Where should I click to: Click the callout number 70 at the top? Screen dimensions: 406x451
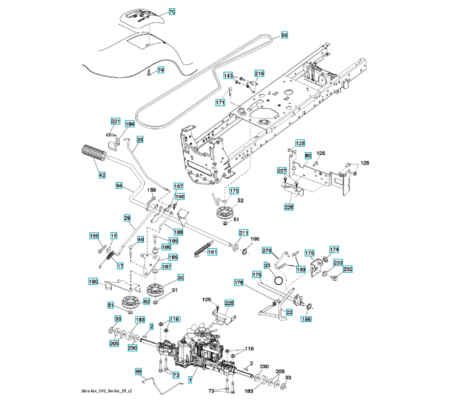click(x=171, y=12)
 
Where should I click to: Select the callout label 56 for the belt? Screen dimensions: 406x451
click(x=284, y=35)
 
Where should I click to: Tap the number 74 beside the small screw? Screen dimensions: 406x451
click(x=160, y=70)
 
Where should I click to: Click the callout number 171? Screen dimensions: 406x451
click(x=220, y=102)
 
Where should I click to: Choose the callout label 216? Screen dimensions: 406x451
click(x=260, y=73)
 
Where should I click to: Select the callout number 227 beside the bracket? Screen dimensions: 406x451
click(x=282, y=171)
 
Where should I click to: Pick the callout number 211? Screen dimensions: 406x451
click(x=243, y=233)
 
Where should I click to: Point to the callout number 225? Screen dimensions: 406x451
click(x=229, y=303)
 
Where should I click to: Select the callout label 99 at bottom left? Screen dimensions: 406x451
click(x=139, y=371)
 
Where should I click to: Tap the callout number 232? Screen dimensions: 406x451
click(x=348, y=269)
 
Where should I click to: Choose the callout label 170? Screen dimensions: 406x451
click(x=233, y=191)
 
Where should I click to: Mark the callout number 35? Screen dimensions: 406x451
click(x=140, y=140)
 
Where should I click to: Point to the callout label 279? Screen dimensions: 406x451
click(x=267, y=250)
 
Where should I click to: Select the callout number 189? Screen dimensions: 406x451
click(x=173, y=257)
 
